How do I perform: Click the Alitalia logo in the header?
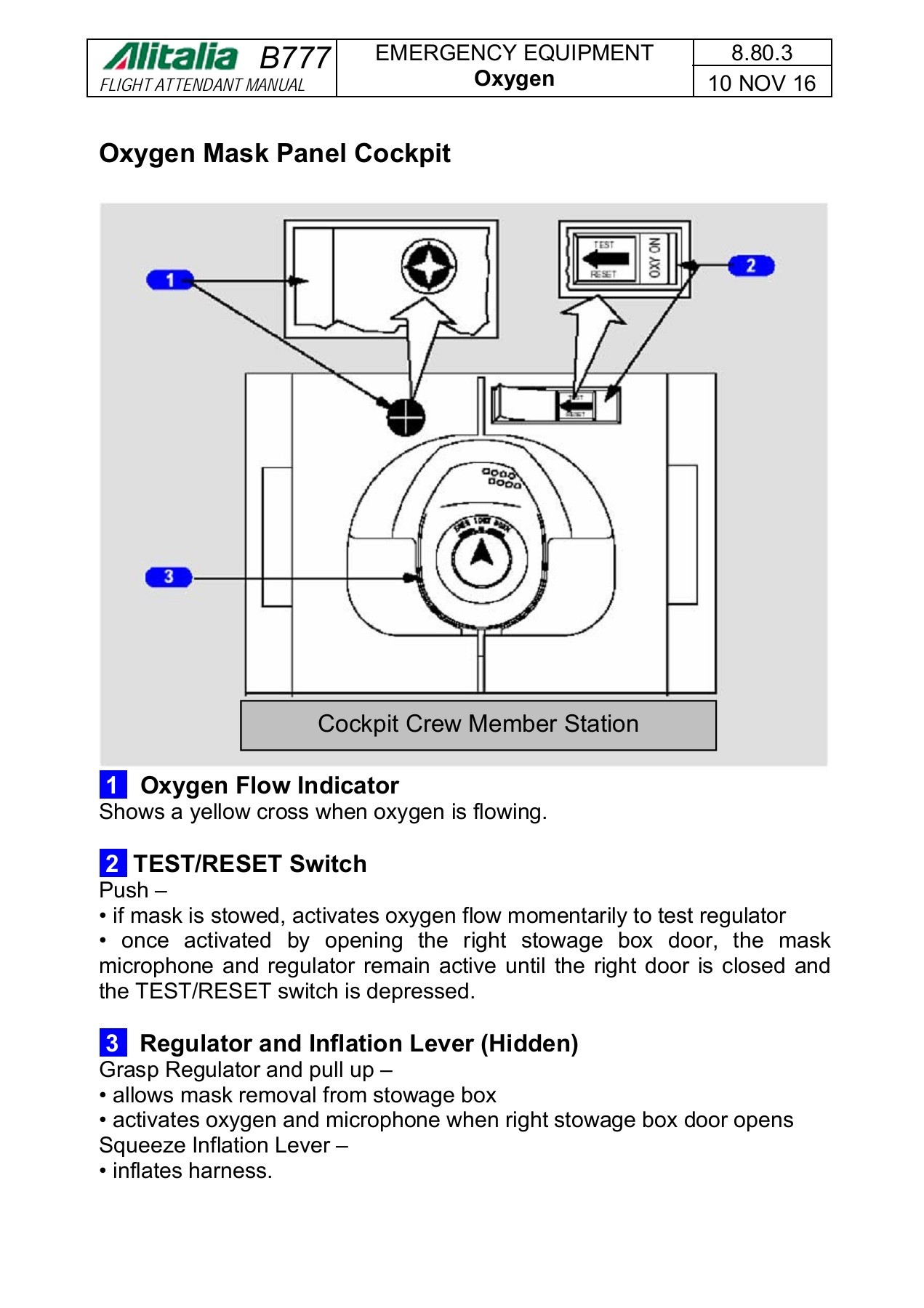click(x=170, y=56)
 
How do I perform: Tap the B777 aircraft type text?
click(x=295, y=58)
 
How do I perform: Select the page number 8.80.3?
click(x=761, y=53)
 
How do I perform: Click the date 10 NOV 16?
click(x=761, y=83)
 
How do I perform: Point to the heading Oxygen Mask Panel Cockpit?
click(x=275, y=153)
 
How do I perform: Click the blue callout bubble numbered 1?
click(x=169, y=280)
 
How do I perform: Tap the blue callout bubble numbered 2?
click(x=751, y=266)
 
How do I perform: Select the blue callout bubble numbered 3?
click(x=169, y=577)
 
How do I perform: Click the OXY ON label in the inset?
click(x=654, y=258)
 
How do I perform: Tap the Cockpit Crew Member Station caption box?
click(x=478, y=724)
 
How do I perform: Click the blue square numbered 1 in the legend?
click(x=113, y=785)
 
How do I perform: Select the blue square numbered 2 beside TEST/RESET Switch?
click(x=113, y=863)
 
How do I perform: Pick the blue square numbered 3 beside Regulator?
click(x=113, y=1043)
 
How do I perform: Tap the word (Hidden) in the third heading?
click(x=529, y=1043)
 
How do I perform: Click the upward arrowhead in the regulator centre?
click(x=481, y=554)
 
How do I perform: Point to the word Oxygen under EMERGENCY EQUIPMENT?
click(x=514, y=78)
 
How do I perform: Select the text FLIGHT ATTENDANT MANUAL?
click(x=202, y=85)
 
